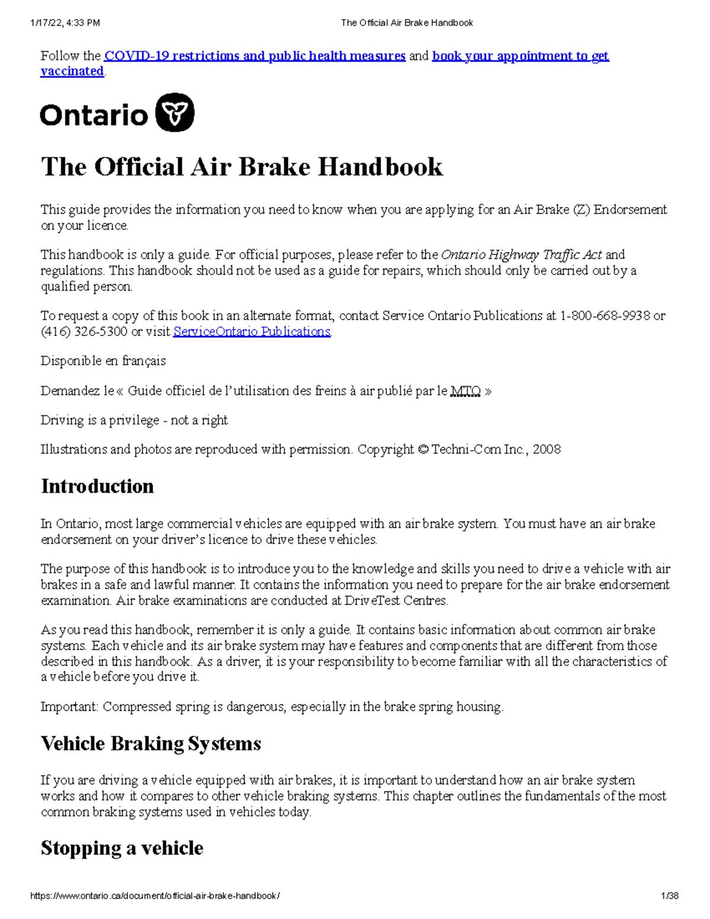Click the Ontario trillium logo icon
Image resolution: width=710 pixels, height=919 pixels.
click(175, 112)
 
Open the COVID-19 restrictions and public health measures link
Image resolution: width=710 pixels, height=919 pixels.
click(254, 56)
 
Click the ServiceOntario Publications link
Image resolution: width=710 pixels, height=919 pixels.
click(251, 332)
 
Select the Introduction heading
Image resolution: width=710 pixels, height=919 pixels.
click(97, 486)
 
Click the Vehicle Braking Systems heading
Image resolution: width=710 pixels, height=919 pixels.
click(151, 744)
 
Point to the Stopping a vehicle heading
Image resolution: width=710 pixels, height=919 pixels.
click(122, 849)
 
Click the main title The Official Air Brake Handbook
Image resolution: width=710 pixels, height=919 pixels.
click(241, 167)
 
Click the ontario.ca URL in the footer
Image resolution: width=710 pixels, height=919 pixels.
click(155, 896)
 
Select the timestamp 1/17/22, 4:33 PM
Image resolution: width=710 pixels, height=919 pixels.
click(65, 23)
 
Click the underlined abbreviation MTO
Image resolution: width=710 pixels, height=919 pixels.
click(465, 391)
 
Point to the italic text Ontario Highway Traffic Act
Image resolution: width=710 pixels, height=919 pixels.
click(521, 255)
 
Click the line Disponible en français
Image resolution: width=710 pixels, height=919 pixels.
click(103, 361)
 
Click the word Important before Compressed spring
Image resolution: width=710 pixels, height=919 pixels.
click(69, 707)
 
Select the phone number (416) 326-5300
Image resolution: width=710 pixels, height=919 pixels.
click(83, 332)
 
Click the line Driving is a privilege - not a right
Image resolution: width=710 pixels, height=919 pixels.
click(134, 421)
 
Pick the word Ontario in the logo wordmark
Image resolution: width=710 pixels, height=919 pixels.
click(93, 115)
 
